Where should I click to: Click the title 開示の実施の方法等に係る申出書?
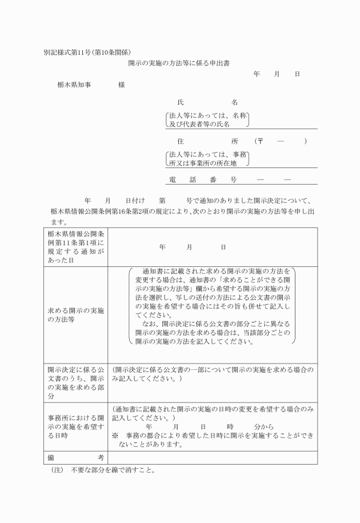point(179,64)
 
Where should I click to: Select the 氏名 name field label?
point(207,102)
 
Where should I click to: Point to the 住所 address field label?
point(207,141)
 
